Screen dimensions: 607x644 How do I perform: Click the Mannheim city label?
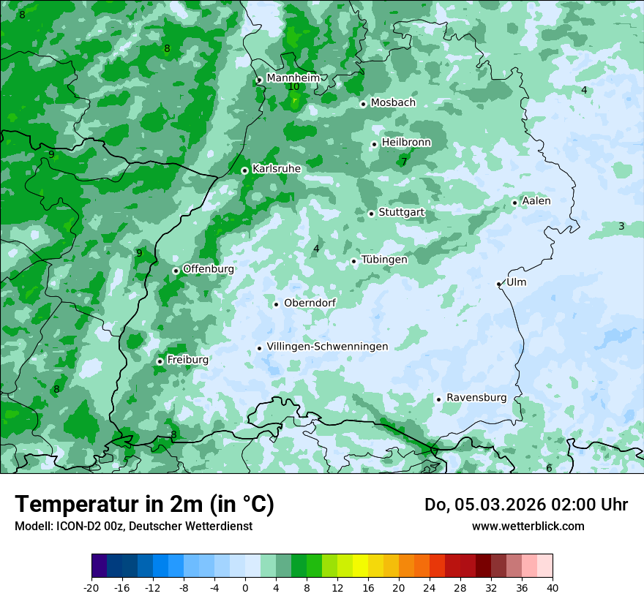pos(293,78)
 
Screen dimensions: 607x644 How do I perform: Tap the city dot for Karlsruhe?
pos(244,171)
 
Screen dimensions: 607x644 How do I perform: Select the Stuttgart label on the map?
pos(401,212)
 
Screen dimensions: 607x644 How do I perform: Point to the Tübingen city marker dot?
pos(353,261)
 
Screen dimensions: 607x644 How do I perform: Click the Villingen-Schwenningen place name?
pos(327,347)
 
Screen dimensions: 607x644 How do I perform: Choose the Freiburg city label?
pos(187,360)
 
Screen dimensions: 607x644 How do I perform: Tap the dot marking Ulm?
pos(498,284)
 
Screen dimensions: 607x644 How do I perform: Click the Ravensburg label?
pos(476,398)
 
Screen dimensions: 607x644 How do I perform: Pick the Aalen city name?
pos(536,201)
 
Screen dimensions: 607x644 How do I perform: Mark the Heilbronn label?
pos(406,142)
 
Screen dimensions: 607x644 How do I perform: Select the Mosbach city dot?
pos(363,104)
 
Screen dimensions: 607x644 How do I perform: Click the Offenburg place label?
pos(208,269)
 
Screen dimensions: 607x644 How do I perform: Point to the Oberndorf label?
pos(310,303)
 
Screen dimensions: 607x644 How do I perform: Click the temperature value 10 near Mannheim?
pos(293,87)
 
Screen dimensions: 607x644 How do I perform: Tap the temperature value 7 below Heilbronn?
pos(403,162)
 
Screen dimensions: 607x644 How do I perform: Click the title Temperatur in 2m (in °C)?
pos(144,505)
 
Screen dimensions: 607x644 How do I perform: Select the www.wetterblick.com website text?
pos(528,527)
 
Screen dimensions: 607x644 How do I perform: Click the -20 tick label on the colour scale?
pos(91,587)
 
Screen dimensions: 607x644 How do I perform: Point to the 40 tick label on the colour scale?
pos(553,587)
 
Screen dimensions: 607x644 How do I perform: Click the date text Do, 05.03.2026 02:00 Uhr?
pos(525,505)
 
